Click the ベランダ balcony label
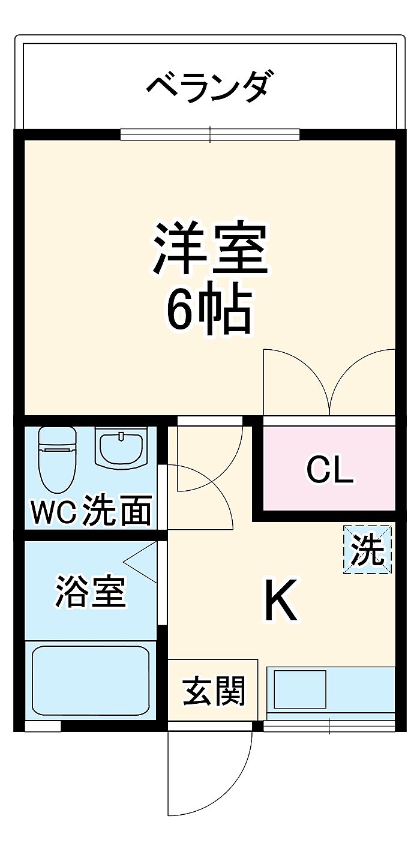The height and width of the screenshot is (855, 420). (211, 88)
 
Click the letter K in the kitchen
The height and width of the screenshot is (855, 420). (282, 601)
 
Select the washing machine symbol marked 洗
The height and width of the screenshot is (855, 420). (368, 549)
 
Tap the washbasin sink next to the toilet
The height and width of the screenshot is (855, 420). (122, 448)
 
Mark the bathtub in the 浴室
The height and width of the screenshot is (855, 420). (89, 680)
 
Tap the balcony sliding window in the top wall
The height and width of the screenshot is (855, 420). (210, 134)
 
